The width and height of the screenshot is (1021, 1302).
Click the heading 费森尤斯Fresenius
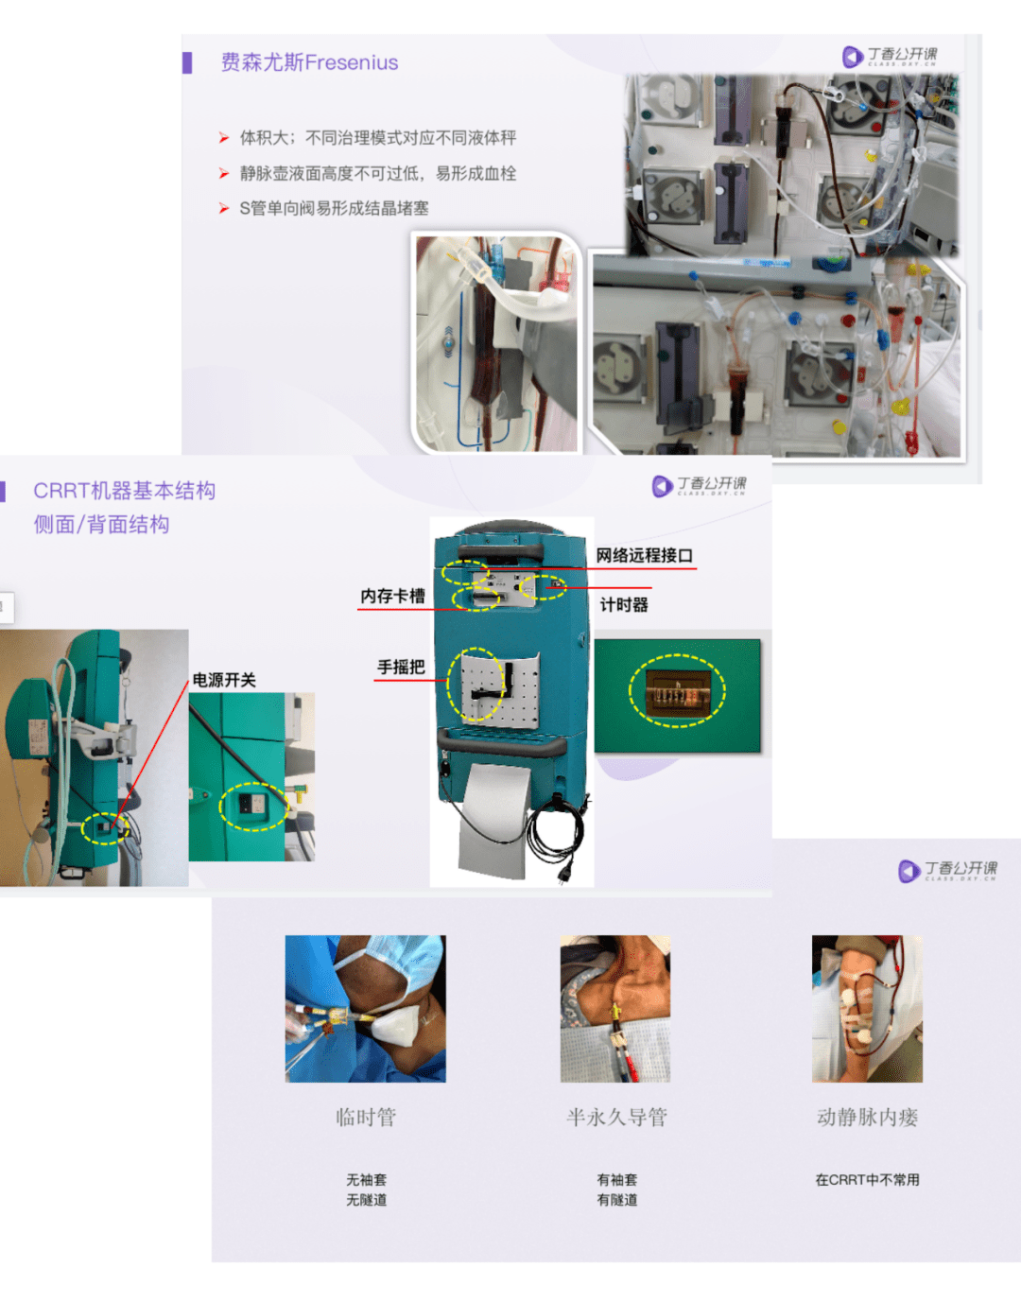pyautogui.click(x=309, y=62)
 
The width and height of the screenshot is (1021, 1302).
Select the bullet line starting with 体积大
pyautogui.click(x=377, y=138)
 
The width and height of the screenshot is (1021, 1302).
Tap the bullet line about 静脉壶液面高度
pyautogui.click(x=377, y=173)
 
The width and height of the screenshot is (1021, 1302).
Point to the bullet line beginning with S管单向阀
pyautogui.click(x=333, y=208)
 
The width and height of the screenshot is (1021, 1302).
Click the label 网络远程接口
pyautogui.click(x=644, y=555)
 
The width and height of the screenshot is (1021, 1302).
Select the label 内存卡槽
pyautogui.click(x=392, y=596)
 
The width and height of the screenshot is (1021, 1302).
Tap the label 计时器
pyautogui.click(x=624, y=604)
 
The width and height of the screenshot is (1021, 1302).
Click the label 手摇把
pyautogui.click(x=401, y=667)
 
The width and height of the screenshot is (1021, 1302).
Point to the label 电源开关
pyautogui.click(x=224, y=679)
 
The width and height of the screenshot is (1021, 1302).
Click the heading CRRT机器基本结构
pyautogui.click(x=125, y=491)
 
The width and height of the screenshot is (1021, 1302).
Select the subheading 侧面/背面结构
pyautogui.click(x=102, y=525)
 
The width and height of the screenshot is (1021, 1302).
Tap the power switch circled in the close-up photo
pyautogui.click(x=252, y=806)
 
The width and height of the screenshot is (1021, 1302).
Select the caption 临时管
pyautogui.click(x=366, y=1117)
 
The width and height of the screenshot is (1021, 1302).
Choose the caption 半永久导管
pyautogui.click(x=616, y=1117)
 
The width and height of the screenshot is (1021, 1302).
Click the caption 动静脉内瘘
pyautogui.click(x=867, y=1117)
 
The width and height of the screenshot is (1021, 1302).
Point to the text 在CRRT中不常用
pyautogui.click(x=867, y=1179)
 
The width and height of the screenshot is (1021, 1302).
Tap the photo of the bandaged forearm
pyautogui.click(x=867, y=1008)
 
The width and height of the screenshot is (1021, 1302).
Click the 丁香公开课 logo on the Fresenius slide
pyautogui.click(x=891, y=56)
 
